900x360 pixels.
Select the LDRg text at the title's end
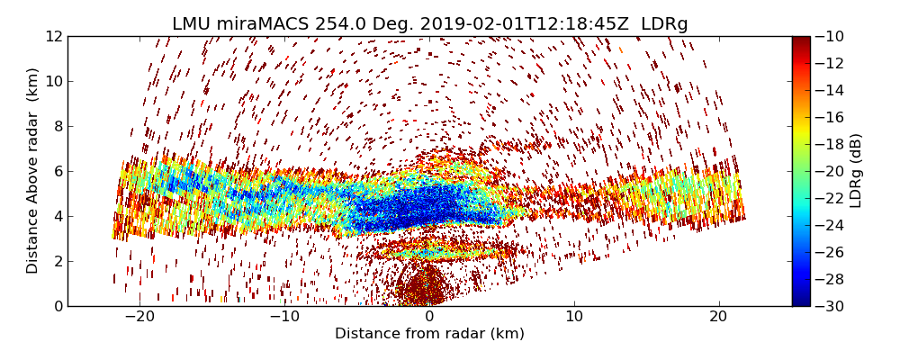point(664,24)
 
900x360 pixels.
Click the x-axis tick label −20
point(139,318)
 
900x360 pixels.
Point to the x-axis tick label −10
point(284,318)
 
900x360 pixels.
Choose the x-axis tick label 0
point(429,318)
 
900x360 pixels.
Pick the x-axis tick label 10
point(574,318)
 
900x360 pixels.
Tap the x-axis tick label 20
point(718,318)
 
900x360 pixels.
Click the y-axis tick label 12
point(53,36)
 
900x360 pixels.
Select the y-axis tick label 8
point(57,126)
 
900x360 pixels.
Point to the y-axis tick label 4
point(57,216)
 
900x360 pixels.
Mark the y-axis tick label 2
point(57,261)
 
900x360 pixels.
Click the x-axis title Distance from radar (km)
point(429,334)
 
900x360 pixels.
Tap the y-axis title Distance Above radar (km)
point(33,171)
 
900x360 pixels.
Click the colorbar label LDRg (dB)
point(856,171)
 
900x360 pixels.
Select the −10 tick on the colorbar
point(832,36)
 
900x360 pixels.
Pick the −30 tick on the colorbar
point(832,306)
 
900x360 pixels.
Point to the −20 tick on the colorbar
point(832,171)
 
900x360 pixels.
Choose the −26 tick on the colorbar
point(832,252)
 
